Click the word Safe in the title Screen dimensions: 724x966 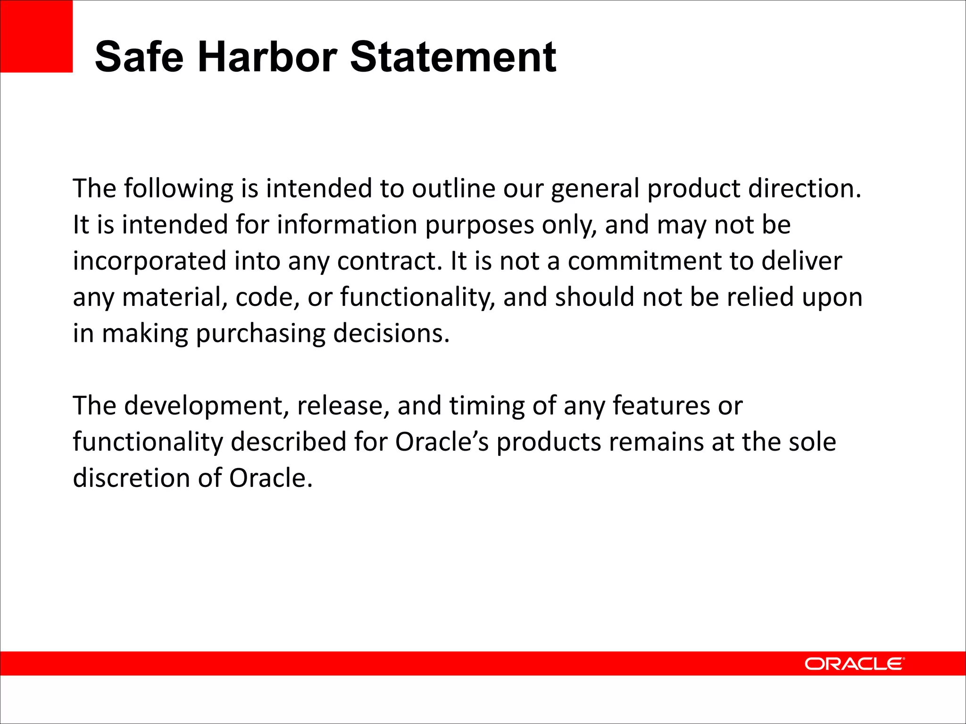point(139,57)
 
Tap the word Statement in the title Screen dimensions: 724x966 point(453,57)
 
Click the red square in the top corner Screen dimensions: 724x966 point(36,36)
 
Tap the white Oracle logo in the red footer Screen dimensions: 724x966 point(854,664)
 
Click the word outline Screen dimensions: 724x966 point(454,188)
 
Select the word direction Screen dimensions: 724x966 point(805,188)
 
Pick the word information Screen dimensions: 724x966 point(347,224)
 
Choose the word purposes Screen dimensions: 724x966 point(480,225)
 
